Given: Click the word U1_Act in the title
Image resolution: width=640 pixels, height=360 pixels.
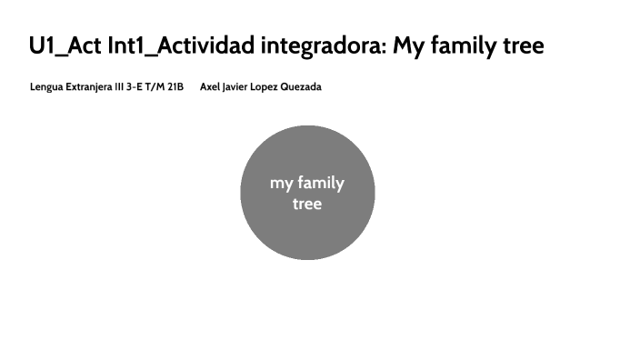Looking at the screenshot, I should (64, 45).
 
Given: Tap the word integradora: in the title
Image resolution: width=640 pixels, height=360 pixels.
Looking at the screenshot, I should (325, 45).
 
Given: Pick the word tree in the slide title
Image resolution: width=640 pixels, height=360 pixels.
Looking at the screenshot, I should (525, 45).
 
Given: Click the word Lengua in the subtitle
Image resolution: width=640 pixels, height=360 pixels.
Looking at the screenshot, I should (45, 87).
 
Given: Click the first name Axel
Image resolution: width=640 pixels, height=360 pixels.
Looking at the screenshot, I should (210, 87).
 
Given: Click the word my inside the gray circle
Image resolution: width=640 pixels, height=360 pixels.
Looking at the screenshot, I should (282, 183).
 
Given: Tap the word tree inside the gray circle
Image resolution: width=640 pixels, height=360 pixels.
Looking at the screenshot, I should (307, 204).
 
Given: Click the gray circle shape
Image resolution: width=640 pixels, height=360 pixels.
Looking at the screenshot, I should (307, 236).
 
